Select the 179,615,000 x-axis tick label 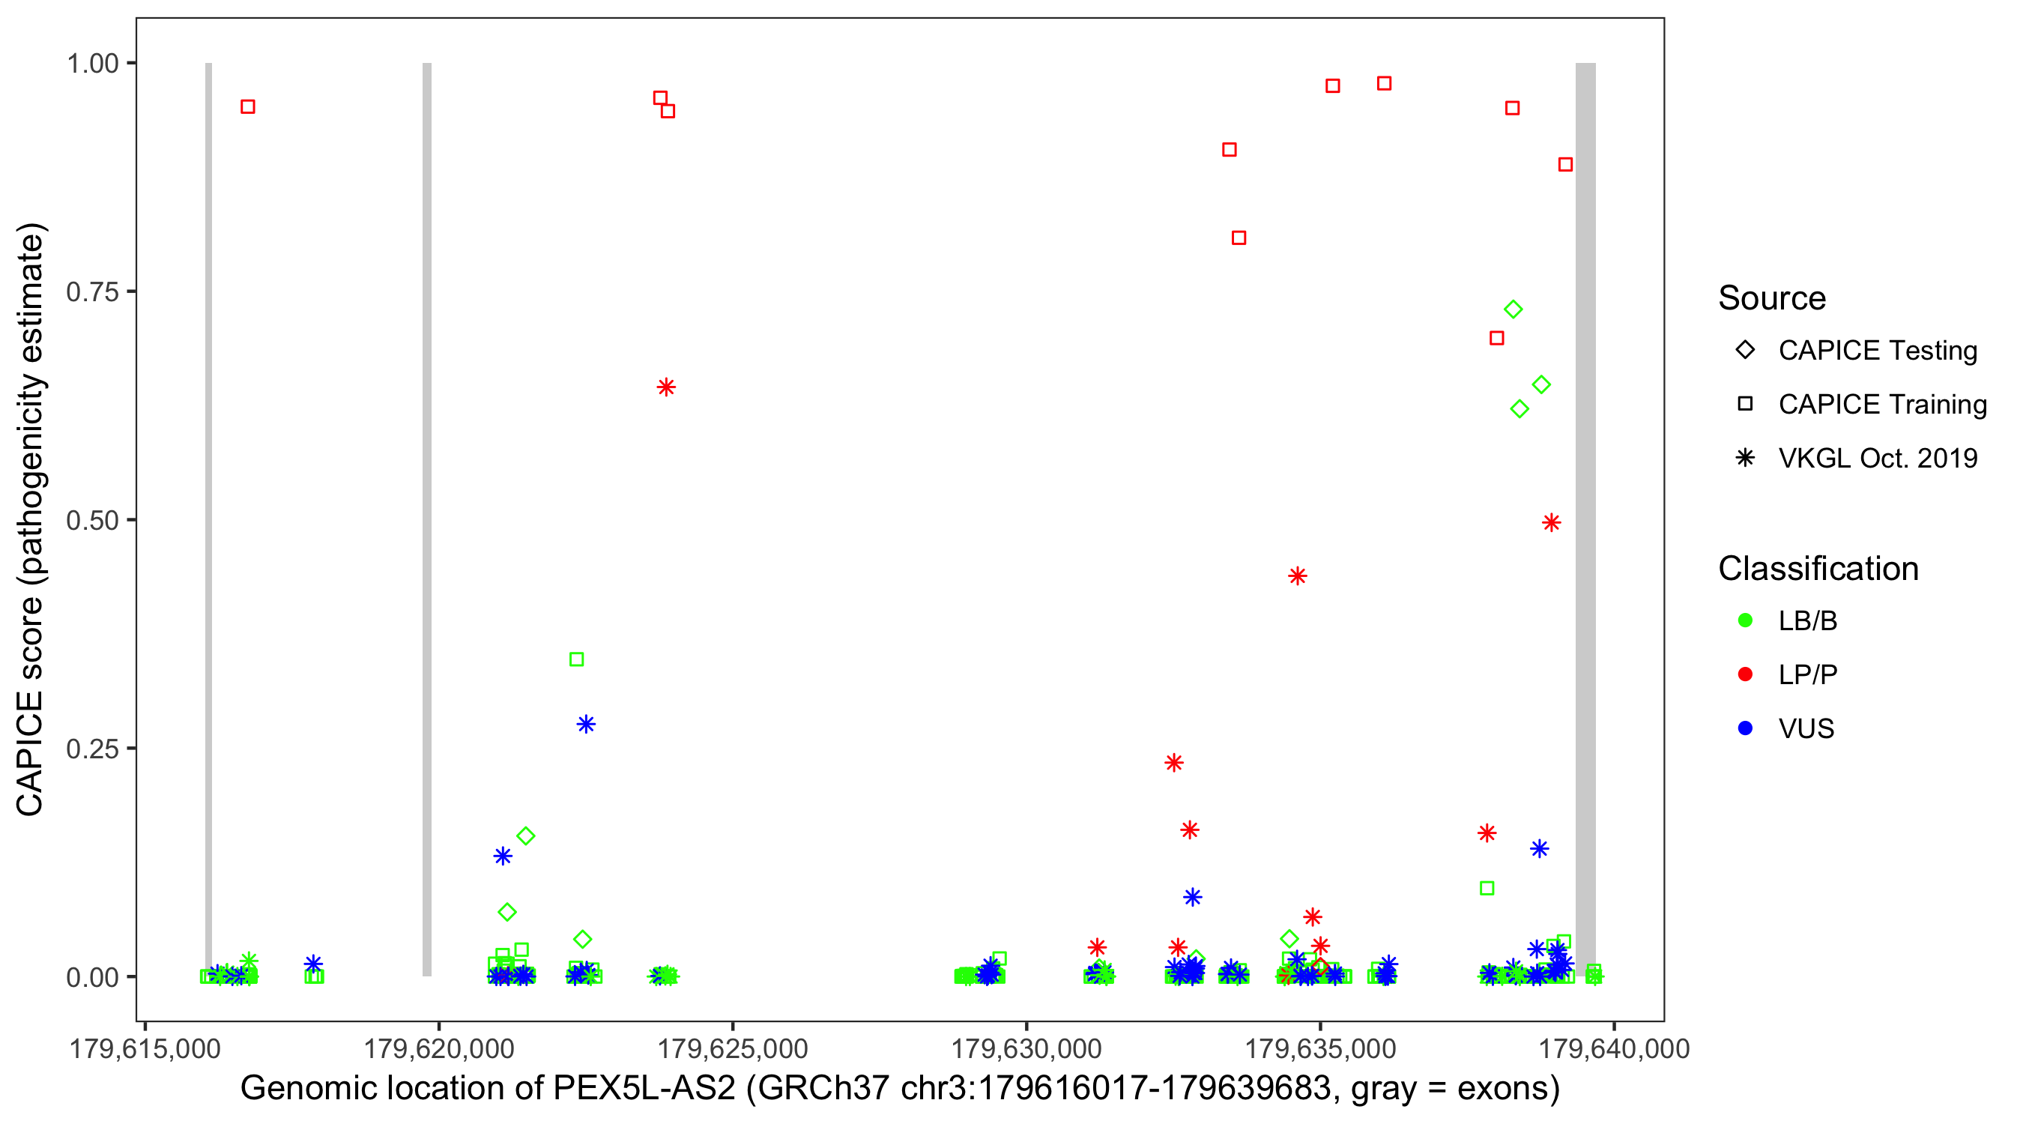145,1048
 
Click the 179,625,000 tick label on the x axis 733,1048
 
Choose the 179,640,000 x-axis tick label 1614,1048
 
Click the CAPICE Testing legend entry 1877,351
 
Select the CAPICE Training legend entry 1881,405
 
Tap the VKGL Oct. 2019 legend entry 1877,459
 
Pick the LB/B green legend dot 1745,620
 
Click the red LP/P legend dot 1745,674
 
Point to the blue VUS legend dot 1745,729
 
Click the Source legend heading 1772,298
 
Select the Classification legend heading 1818,569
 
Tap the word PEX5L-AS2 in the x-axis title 644,1089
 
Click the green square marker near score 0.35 576,659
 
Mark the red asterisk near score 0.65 666,387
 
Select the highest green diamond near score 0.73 1514,309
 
